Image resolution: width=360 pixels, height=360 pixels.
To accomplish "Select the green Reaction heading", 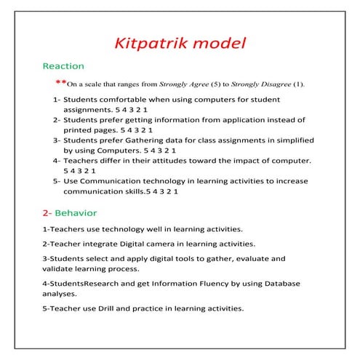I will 63,65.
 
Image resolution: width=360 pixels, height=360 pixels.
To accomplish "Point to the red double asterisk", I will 60,83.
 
